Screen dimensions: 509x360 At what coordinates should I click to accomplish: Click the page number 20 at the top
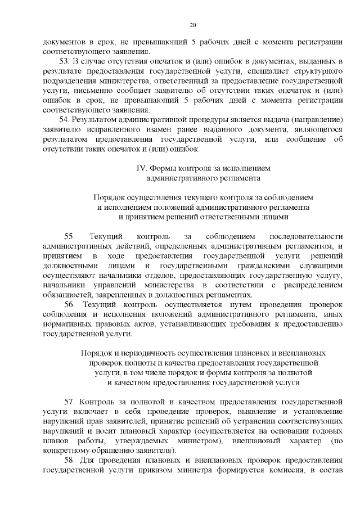(x=192, y=25)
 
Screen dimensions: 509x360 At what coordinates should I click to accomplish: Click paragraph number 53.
(x=64, y=60)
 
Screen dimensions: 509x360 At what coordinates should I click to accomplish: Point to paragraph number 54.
(x=64, y=120)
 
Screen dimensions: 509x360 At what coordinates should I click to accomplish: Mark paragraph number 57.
(x=69, y=402)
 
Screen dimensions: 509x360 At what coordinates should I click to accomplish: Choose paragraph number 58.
(x=69, y=460)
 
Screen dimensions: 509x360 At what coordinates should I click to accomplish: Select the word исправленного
(x=97, y=129)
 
